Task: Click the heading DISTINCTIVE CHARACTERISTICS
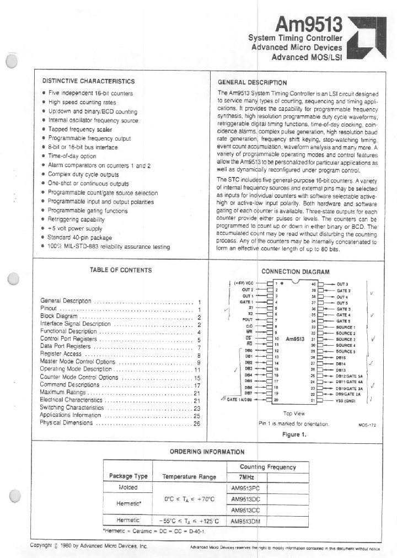[x=88, y=81]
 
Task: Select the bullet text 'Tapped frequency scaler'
[x=80, y=130]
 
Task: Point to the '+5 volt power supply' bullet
[x=75, y=229]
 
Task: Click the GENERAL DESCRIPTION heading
[x=253, y=82]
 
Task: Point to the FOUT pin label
[x=248, y=320]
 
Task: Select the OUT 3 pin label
[x=342, y=283]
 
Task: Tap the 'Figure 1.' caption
[x=294, y=434]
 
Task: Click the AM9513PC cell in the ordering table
[x=245, y=487]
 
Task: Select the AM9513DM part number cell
[x=245, y=520]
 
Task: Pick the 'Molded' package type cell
[x=128, y=487]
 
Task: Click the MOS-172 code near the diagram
[x=367, y=425]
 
